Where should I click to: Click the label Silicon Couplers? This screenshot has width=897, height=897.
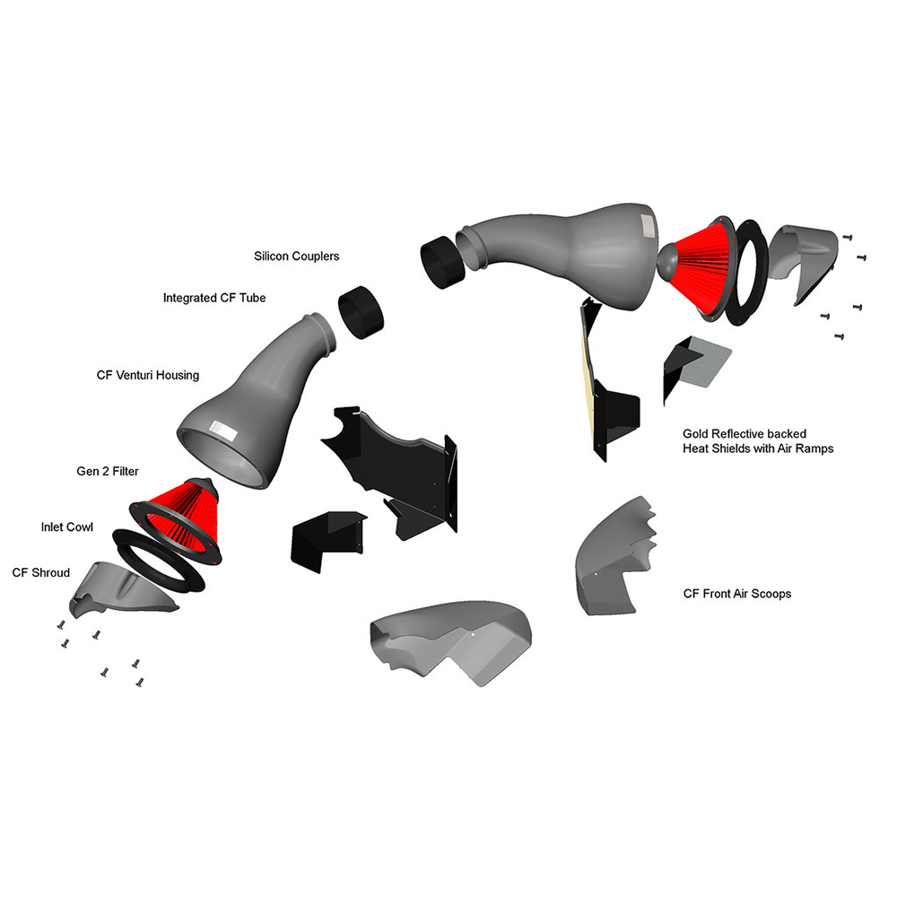(x=296, y=257)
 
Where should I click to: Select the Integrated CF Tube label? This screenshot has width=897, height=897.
(x=214, y=298)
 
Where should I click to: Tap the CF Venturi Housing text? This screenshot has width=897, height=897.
(x=148, y=375)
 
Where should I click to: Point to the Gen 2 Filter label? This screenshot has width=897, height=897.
(x=108, y=472)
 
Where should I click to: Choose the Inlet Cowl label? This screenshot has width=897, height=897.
(x=67, y=527)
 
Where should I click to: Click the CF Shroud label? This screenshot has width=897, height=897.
(x=41, y=572)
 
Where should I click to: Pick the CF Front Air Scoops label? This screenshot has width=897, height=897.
(x=737, y=594)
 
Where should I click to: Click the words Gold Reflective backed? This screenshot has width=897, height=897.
(x=745, y=433)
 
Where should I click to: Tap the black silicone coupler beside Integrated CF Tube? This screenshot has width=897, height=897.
(x=361, y=312)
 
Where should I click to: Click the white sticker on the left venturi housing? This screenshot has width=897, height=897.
(x=222, y=429)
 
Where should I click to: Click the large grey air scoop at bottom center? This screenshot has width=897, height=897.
(x=452, y=640)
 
